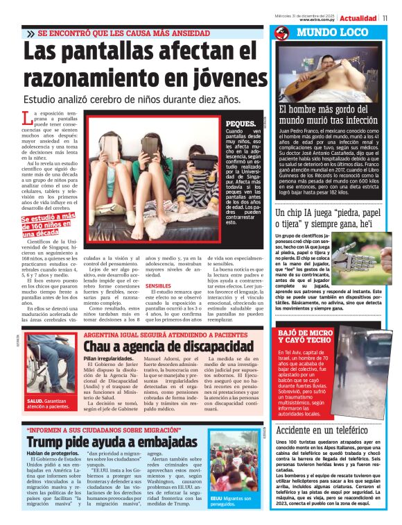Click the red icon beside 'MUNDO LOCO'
point(281,33)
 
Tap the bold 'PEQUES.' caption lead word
point(241,124)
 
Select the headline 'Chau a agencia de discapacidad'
point(168,345)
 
